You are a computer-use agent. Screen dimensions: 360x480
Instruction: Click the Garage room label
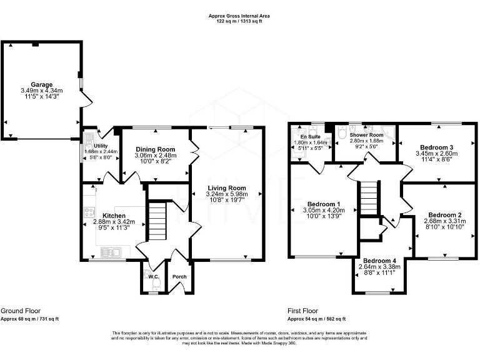pos(42,84)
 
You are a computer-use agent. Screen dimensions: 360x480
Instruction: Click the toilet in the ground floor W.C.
pos(156,284)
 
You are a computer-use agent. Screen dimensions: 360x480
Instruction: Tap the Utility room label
pos(93,144)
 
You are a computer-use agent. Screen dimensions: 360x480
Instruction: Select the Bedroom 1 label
pos(324,204)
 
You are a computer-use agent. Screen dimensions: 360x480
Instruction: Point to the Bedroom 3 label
pos(434,147)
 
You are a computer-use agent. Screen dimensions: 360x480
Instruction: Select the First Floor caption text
pos(302,311)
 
